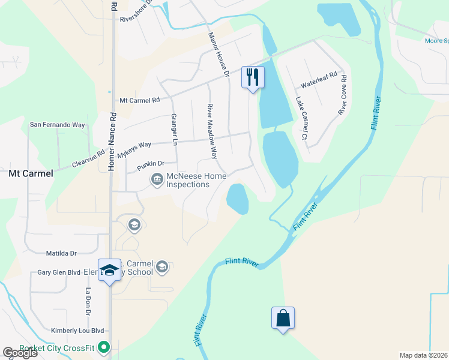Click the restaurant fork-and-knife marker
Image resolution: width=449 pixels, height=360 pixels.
point(253,77)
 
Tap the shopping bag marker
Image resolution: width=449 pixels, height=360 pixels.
point(283,318)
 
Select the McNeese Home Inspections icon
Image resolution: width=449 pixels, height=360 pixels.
point(157,179)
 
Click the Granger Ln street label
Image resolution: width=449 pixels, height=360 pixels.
point(175,130)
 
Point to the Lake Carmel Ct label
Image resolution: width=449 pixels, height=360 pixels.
point(301,120)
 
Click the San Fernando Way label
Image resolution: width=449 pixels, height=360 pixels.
point(58,125)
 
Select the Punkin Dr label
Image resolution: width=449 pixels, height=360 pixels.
point(150,163)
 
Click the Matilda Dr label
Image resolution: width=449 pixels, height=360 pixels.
point(62,254)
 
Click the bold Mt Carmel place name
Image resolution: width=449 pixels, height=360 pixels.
point(31,173)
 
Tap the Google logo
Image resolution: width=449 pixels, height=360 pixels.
point(20,352)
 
